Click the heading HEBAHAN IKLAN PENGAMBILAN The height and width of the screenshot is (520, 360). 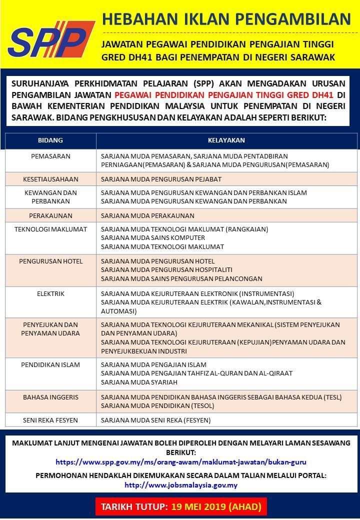226,19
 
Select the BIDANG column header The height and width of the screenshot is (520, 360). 50,140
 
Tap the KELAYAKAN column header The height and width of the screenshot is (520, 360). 226,140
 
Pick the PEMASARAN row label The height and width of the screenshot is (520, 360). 50,156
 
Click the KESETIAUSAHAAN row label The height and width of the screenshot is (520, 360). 50,179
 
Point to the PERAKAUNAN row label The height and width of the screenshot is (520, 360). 50,216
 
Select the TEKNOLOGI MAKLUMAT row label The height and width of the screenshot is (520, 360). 50,229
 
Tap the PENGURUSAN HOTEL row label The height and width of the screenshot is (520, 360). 50,261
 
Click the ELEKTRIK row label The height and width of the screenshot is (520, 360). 50,293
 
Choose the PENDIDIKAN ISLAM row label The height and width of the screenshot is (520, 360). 50,364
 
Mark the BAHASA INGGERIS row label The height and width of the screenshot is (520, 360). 50,397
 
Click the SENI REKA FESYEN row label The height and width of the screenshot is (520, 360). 50,420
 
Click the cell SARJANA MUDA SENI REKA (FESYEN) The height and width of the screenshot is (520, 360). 155,420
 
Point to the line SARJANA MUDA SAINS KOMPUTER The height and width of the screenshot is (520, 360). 153,238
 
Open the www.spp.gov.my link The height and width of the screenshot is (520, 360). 181,462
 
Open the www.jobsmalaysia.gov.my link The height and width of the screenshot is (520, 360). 181,485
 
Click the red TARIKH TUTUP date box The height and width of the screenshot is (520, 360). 181,506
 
